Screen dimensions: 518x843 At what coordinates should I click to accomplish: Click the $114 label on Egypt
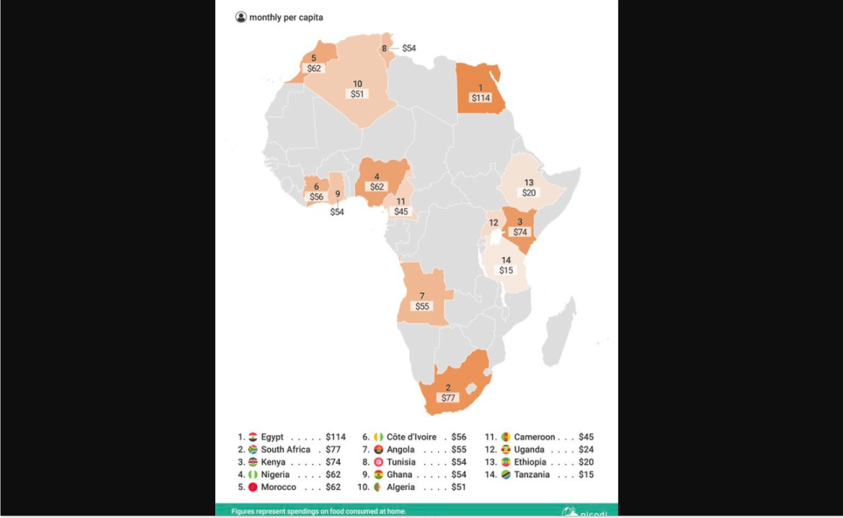[x=481, y=98]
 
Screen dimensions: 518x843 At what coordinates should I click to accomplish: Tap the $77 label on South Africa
[x=448, y=398]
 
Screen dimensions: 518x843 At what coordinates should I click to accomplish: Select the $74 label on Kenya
[x=520, y=232]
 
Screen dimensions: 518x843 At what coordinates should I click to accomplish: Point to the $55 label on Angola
[x=422, y=307]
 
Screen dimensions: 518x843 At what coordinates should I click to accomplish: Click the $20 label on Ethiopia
[x=529, y=193]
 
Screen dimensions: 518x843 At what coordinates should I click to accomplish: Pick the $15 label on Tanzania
[x=506, y=270]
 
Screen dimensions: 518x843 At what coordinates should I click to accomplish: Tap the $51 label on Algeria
[x=357, y=94]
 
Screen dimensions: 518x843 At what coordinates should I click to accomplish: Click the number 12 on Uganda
[x=493, y=223]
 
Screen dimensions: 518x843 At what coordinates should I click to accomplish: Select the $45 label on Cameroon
[x=401, y=212]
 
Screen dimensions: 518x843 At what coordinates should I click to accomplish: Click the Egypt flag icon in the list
[x=253, y=437]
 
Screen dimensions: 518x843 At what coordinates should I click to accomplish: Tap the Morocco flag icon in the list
[x=253, y=487]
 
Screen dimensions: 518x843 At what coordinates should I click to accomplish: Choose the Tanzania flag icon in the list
[x=506, y=475]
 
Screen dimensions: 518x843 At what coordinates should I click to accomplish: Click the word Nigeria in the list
[x=275, y=475]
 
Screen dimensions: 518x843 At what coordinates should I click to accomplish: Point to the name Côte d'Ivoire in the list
[x=411, y=437]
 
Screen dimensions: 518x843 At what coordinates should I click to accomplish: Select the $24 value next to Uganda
[x=586, y=450]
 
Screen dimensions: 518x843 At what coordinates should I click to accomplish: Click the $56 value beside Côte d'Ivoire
[x=459, y=437]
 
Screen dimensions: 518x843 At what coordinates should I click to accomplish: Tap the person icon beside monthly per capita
[x=241, y=17]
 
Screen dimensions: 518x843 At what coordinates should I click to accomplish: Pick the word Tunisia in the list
[x=401, y=462]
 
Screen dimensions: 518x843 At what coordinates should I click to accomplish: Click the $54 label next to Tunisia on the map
[x=409, y=48]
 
